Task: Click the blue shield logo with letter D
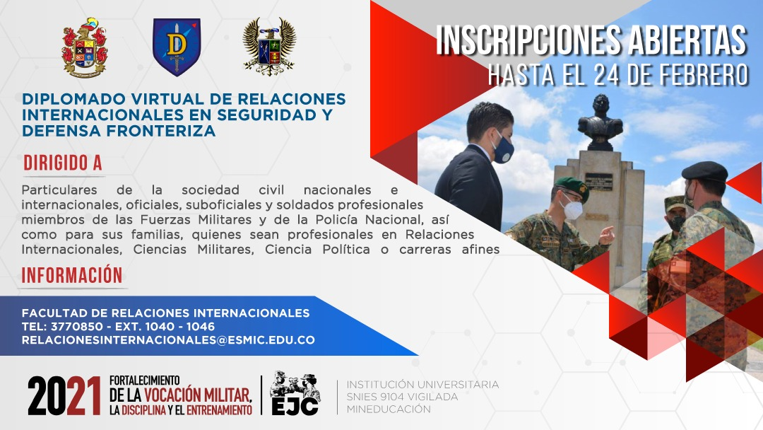click(177, 47)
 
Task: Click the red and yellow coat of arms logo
click(85, 47)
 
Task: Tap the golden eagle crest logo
click(269, 47)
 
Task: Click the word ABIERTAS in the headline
click(687, 40)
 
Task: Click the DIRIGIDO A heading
click(63, 163)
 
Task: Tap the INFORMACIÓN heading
click(72, 275)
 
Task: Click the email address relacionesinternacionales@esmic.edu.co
click(168, 340)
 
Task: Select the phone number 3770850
click(77, 326)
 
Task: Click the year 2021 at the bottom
click(64, 395)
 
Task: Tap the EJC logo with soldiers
click(295, 393)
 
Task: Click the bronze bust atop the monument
click(601, 122)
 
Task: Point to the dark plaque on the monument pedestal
click(598, 182)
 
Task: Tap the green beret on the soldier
click(572, 187)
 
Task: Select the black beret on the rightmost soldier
click(704, 171)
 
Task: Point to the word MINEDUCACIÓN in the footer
click(389, 409)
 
